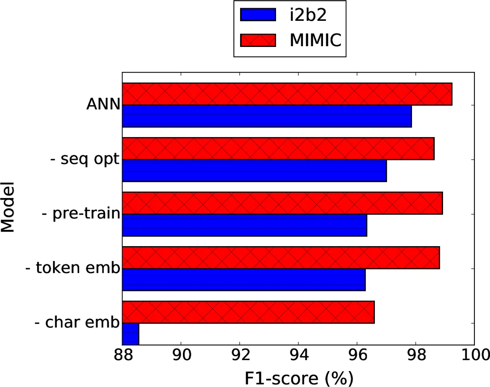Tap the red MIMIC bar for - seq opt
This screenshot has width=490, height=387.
pyautogui.click(x=278, y=149)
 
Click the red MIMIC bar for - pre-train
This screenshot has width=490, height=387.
pyautogui.click(x=282, y=203)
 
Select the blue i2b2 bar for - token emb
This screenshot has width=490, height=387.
pyautogui.click(x=243, y=280)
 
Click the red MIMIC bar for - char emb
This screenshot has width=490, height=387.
pyautogui.click(x=248, y=313)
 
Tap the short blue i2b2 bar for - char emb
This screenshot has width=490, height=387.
pyautogui.click(x=131, y=334)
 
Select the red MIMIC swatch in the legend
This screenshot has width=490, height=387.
pyautogui.click(x=258, y=40)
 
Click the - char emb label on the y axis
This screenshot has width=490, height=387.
pyautogui.click(x=77, y=323)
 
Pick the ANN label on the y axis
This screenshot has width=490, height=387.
pyautogui.click(x=103, y=105)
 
